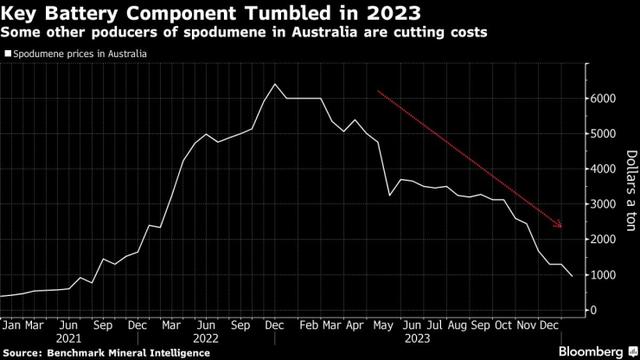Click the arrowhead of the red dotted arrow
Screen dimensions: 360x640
pos(560,226)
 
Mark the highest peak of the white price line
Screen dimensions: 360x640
pos(274,84)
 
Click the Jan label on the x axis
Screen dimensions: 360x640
pos(10,325)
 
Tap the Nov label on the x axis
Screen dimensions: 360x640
pos(524,325)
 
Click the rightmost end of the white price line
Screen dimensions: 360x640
pos(570,277)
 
